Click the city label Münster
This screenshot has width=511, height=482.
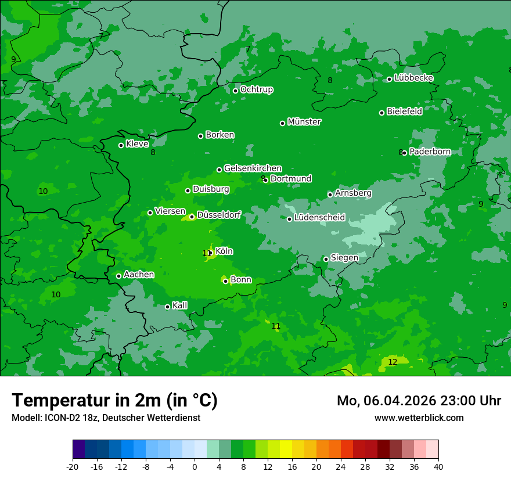click(x=304, y=122)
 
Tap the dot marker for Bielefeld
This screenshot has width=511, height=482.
click(x=382, y=113)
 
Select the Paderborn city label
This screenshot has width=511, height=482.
click(x=430, y=152)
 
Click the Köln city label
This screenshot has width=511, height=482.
click(x=224, y=251)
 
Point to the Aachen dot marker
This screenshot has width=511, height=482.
click(x=118, y=276)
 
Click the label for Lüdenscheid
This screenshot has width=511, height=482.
click(x=319, y=218)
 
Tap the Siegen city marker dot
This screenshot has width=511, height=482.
click(x=326, y=259)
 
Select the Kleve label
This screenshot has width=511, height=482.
click(x=137, y=144)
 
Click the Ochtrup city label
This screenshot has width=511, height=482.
click(x=256, y=89)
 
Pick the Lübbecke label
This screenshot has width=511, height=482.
click(x=413, y=78)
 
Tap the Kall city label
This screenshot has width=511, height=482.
click(x=180, y=305)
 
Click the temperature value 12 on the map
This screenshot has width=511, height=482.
click(x=393, y=362)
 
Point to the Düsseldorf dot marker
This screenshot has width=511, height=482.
click(x=192, y=217)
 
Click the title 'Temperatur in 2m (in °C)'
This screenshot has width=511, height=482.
click(x=115, y=400)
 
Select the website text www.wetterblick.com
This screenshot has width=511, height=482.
click(x=419, y=418)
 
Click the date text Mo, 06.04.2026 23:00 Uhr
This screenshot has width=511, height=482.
click(x=419, y=401)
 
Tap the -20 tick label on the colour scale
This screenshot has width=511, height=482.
click(x=73, y=466)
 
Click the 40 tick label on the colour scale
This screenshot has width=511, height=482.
click(x=438, y=466)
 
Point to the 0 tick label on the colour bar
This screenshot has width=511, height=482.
click(x=195, y=466)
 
